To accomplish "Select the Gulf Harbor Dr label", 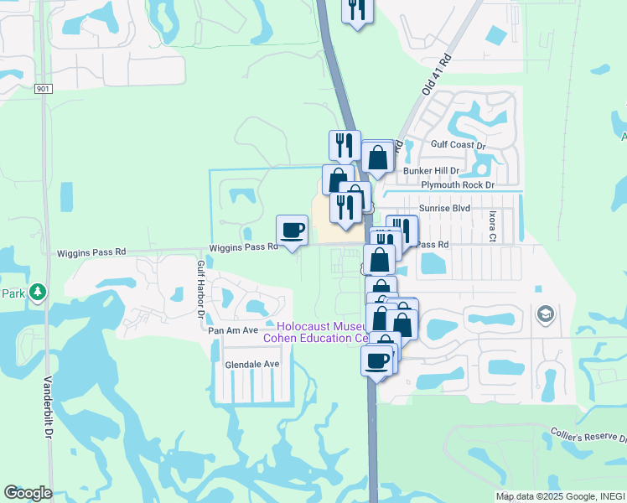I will (x=201, y=288).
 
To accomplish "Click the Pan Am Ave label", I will (x=234, y=330).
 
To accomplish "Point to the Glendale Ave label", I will (x=251, y=365).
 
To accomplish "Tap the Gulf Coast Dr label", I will (x=459, y=145).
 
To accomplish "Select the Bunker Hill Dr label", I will (x=432, y=170).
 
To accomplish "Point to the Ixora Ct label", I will (x=493, y=226).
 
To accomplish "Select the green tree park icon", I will (x=37, y=292).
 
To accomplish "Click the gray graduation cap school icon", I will (x=544, y=314).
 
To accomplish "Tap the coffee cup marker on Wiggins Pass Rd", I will (x=292, y=230).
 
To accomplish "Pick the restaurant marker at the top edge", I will (x=358, y=9).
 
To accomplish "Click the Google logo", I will (x=28, y=493).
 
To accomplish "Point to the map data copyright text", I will (x=560, y=496).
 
